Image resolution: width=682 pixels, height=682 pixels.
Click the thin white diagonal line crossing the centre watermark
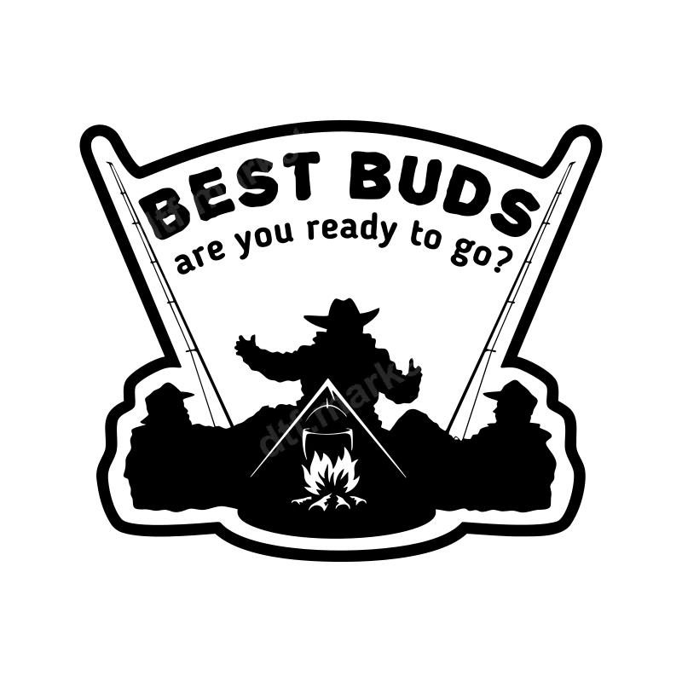pos(284,436)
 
